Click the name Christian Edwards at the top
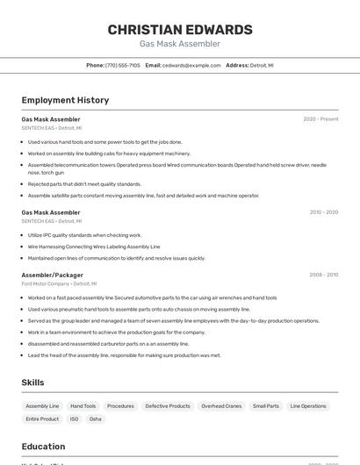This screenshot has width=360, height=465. point(180,30)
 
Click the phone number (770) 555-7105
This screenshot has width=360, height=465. point(122,65)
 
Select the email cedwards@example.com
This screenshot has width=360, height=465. point(191,65)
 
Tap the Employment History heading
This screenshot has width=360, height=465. point(65,100)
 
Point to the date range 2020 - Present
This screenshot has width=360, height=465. point(320,118)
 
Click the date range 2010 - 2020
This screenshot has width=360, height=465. point(323,212)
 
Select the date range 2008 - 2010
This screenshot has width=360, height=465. point(323,275)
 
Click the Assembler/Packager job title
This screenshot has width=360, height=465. point(53,275)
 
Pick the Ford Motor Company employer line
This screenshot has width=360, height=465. point(59,284)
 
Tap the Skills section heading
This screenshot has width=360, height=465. point(33,383)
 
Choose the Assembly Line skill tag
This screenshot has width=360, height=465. point(42,406)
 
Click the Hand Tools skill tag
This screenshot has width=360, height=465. point(83,406)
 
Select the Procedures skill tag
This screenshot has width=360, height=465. point(120,406)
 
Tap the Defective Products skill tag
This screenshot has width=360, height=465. point(167,406)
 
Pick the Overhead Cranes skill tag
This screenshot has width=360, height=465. point(221,406)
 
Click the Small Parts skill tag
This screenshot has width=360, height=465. point(266,406)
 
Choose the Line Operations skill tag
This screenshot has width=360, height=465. point(308,406)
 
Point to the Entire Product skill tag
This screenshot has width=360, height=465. point(42,419)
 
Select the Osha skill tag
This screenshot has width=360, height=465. point(96,419)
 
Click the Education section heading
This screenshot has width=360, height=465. point(44,447)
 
